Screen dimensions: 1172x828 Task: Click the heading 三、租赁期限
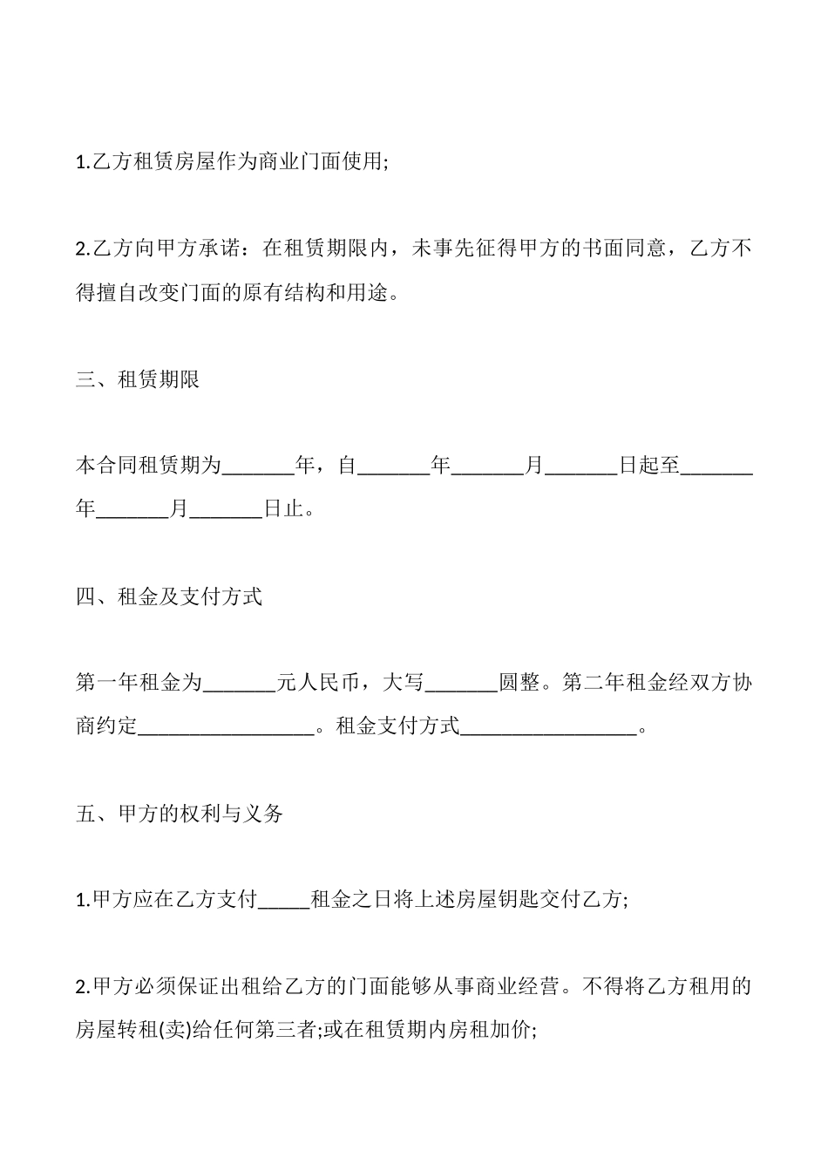tap(139, 380)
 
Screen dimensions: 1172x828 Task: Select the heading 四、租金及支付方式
tap(170, 597)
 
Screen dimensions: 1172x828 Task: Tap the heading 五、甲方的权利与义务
tap(180, 814)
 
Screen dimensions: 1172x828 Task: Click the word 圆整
tap(519, 683)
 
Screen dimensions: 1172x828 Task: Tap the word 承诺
tap(211, 249)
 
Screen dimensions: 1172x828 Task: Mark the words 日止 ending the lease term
tap(284, 508)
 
